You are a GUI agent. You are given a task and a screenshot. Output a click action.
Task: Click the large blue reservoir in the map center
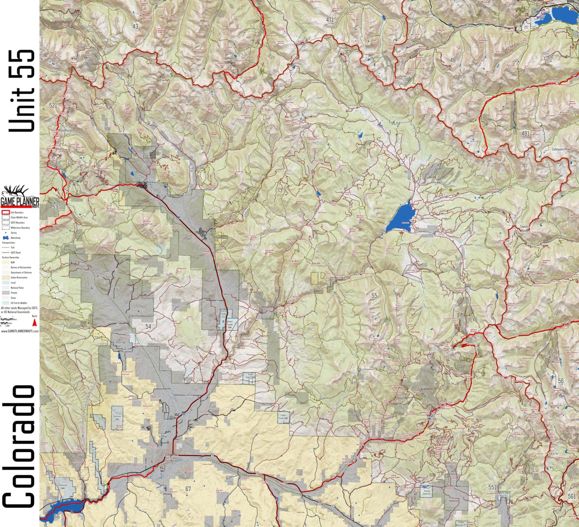click(402, 217)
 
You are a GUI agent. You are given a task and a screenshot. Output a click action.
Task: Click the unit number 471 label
click(330, 20)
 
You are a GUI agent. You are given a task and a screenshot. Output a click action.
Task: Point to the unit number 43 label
click(135, 26)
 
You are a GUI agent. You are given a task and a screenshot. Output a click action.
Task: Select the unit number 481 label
click(525, 133)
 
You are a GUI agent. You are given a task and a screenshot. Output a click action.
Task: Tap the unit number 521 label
click(53, 106)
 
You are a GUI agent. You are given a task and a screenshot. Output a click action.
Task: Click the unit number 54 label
click(148, 326)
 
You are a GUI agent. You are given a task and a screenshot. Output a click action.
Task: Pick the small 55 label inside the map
click(374, 296)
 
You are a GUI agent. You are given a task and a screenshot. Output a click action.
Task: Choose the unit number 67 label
click(188, 489)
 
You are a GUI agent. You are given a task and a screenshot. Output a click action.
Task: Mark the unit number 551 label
click(492, 487)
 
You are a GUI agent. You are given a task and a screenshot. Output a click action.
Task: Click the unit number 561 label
click(572, 496)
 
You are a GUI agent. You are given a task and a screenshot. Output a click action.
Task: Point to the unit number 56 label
click(560, 381)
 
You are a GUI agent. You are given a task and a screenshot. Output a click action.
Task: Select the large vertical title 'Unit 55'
click(22, 91)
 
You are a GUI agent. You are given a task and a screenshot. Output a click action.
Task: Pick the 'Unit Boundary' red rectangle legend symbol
click(5, 212)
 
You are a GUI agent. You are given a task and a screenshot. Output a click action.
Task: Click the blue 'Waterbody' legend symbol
click(6, 238)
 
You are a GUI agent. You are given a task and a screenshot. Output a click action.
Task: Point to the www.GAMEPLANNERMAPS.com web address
click(20, 331)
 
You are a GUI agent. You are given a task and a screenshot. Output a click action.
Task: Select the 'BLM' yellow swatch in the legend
click(5, 263)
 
